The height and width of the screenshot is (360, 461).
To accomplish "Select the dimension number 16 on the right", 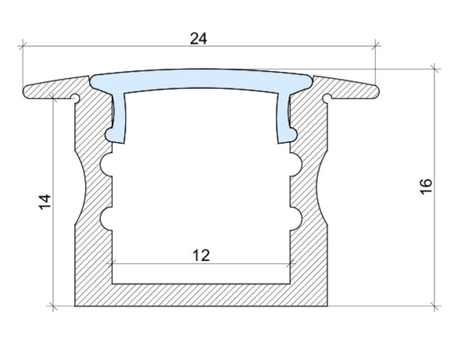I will pos(425,187).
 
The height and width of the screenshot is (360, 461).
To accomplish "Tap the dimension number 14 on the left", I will pos(45,201).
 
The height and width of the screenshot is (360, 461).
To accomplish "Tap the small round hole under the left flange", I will pos(75,98).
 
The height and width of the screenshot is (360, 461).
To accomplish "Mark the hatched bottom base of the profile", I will pos(200,295).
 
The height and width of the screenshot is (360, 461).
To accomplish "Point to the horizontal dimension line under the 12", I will pos(200,264).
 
